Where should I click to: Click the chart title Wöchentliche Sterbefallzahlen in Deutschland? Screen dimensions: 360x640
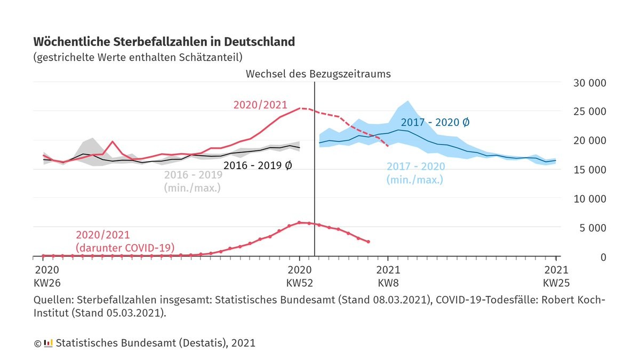(164, 42)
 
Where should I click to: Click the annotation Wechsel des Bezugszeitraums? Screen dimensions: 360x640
(318, 74)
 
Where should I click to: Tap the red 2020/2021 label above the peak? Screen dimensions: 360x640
(260, 105)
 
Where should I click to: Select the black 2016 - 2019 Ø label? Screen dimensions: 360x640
(258, 165)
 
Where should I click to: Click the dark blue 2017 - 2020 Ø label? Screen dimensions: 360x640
(435, 122)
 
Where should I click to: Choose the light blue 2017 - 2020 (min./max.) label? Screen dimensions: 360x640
(415, 173)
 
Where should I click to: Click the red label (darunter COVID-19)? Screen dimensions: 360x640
(125, 247)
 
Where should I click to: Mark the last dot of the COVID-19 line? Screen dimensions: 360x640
(368, 242)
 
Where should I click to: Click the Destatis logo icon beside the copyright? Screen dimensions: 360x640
(48, 342)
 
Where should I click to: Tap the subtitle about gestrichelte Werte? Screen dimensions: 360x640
(138, 57)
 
